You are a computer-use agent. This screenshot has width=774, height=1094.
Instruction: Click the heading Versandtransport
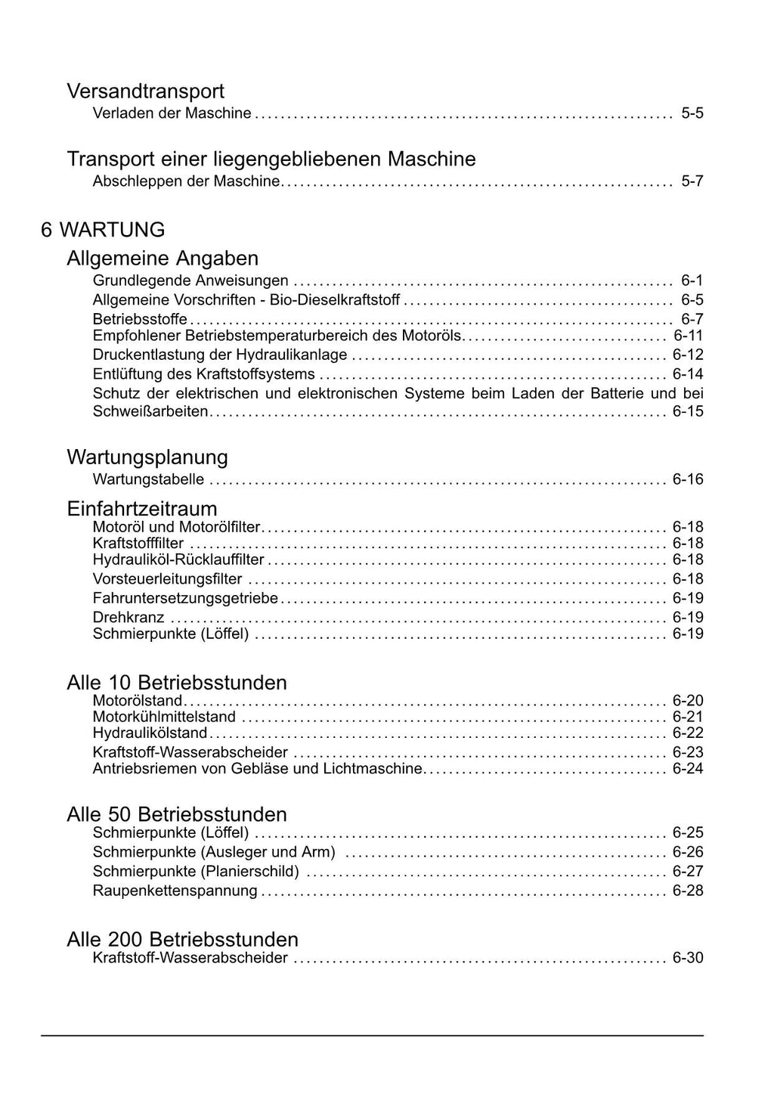click(x=145, y=91)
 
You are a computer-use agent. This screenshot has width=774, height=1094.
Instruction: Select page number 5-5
click(x=692, y=113)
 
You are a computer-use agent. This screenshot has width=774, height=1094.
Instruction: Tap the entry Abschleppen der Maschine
click(x=186, y=181)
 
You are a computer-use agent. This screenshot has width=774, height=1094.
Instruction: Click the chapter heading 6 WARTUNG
click(x=103, y=230)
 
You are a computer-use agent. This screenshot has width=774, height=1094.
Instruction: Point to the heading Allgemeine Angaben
click(x=163, y=259)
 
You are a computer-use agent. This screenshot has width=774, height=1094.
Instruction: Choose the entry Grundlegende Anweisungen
click(x=190, y=280)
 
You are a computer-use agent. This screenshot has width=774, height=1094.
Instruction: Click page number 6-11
click(x=688, y=336)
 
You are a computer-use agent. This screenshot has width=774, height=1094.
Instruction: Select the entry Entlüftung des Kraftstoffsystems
click(x=203, y=374)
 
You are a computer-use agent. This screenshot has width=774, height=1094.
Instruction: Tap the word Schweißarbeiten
click(x=150, y=412)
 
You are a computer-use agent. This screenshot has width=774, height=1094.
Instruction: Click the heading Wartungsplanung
click(x=147, y=457)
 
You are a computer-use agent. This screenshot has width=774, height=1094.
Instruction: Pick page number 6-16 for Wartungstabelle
click(x=688, y=479)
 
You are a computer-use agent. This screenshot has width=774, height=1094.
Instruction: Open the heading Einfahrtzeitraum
click(x=142, y=508)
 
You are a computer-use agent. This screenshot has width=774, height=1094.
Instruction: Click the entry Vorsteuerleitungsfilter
click(x=167, y=579)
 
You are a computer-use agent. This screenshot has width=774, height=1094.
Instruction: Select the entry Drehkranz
click(x=128, y=618)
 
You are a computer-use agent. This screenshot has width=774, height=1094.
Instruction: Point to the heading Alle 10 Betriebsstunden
click(x=177, y=683)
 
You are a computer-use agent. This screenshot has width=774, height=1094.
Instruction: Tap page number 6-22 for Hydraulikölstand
click(x=688, y=733)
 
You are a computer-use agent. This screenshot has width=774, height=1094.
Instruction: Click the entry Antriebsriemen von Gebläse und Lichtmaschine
click(x=257, y=769)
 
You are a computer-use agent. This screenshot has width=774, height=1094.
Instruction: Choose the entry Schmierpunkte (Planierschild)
click(x=196, y=872)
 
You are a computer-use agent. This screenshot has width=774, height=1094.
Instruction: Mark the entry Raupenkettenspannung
click(x=175, y=891)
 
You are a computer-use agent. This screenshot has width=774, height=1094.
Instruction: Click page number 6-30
click(x=688, y=958)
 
